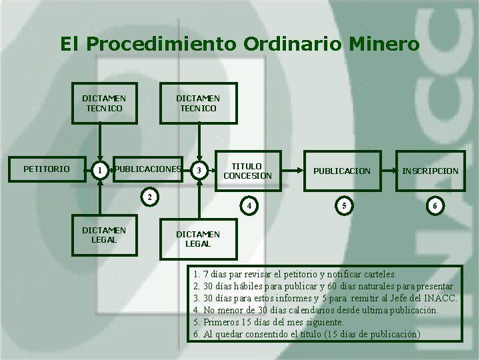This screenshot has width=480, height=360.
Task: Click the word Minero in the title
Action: (384, 45)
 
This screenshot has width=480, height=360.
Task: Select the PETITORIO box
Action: (46, 169)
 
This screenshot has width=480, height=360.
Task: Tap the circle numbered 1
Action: (99, 171)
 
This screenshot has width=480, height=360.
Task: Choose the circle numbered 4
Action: (249, 205)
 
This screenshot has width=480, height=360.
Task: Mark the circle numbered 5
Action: (344, 205)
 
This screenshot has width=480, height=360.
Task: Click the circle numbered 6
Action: (435, 206)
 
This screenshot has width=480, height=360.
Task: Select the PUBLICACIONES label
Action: (148, 169)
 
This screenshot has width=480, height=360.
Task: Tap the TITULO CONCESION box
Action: (247, 171)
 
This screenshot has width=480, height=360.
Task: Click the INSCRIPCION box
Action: (430, 171)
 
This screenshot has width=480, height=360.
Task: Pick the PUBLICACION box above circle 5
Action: (342, 171)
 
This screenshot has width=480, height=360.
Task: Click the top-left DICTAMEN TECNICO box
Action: (104, 103)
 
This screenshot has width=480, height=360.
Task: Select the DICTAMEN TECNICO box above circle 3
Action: (198, 103)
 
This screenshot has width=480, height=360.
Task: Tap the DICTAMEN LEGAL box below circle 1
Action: (104, 235)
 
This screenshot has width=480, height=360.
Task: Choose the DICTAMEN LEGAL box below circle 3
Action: (198, 239)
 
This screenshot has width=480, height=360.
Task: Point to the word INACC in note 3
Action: (440, 298)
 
